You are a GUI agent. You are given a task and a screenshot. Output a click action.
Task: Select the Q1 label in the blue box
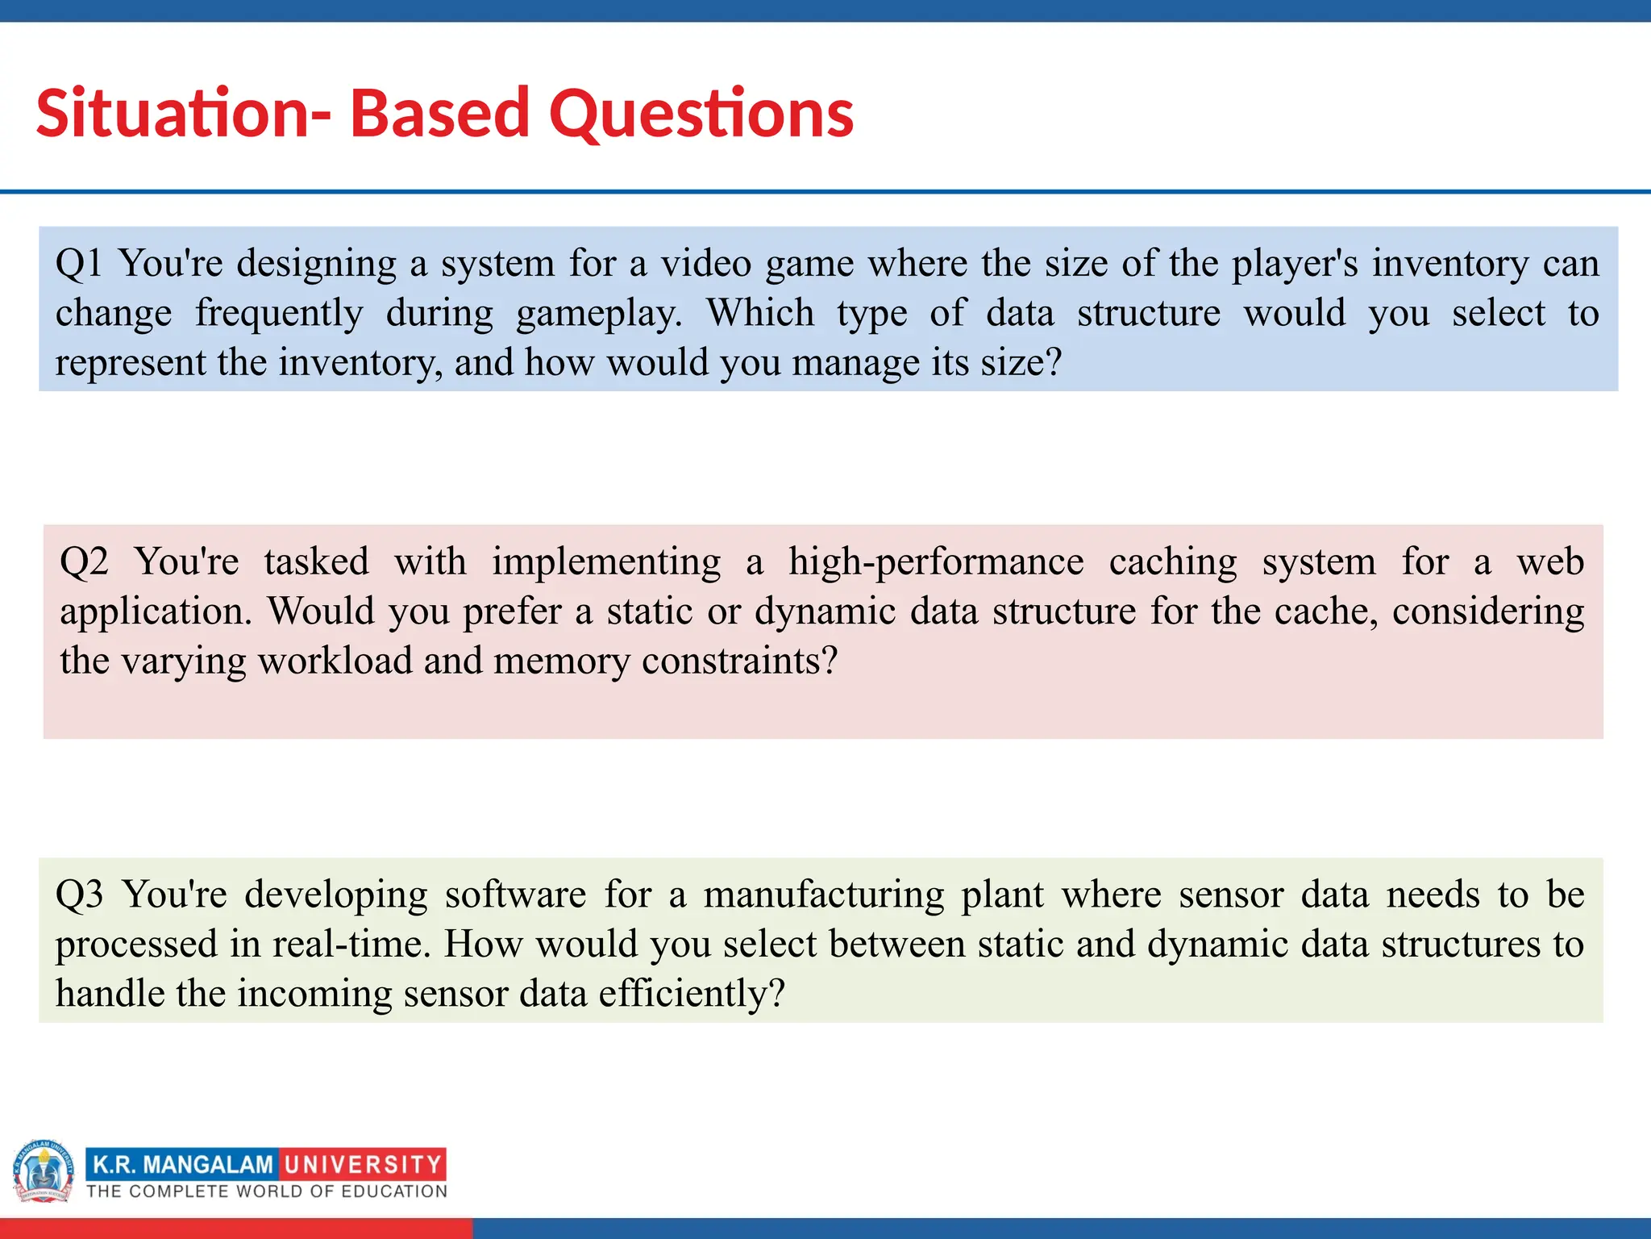click(78, 264)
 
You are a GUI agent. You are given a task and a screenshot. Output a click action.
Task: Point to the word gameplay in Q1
click(598, 314)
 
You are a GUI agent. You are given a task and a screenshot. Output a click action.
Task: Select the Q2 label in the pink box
click(84, 561)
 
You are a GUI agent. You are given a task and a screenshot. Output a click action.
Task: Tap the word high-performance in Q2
click(935, 561)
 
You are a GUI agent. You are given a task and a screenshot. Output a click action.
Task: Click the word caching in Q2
click(1172, 561)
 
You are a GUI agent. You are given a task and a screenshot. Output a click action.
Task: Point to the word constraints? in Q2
click(739, 661)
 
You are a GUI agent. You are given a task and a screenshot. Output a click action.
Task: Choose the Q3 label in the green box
click(79, 895)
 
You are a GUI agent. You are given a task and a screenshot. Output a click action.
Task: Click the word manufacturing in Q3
click(823, 895)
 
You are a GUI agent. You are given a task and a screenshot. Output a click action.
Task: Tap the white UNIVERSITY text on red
click(363, 1164)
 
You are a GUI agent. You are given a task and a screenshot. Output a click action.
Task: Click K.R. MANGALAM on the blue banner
click(183, 1164)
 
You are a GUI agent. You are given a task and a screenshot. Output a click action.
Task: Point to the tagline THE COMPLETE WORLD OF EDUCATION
click(267, 1191)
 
